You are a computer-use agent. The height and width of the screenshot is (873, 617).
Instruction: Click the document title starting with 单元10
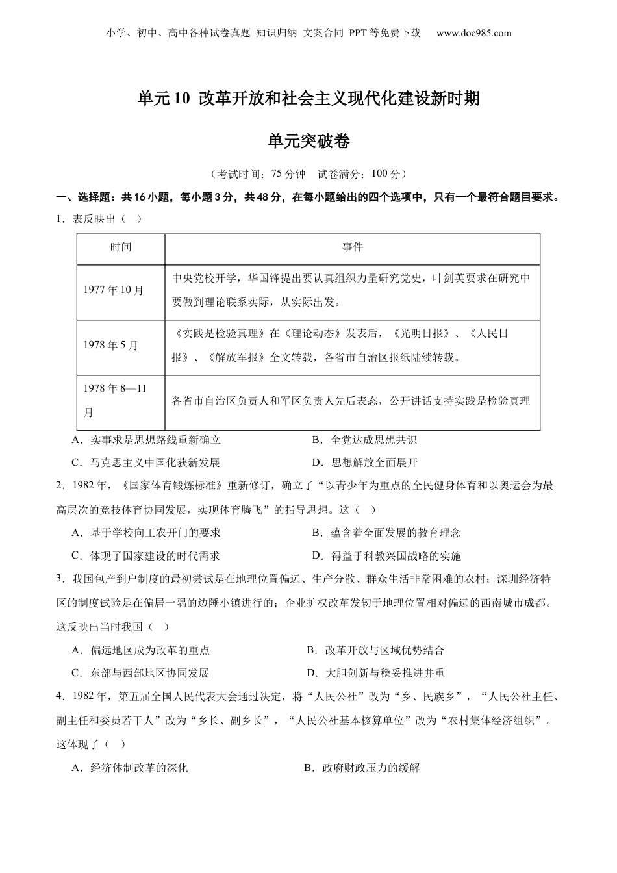tap(308, 99)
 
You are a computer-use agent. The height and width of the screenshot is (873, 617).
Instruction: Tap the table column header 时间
tap(121, 247)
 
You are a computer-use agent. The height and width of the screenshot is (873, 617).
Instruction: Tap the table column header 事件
tap(353, 247)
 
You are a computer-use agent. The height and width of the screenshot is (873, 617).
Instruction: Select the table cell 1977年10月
tap(114, 290)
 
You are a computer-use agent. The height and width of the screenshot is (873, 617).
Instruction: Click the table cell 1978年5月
tap(111, 346)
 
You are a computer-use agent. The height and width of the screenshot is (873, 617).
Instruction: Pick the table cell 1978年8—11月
tap(115, 400)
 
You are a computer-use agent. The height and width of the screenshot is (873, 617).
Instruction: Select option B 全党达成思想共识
tap(364, 440)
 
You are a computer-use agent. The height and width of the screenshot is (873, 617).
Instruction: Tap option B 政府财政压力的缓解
tap(362, 768)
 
